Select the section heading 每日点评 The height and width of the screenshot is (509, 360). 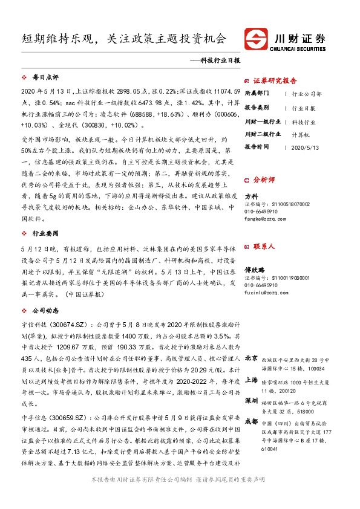45,78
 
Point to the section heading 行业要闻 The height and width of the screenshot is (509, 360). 45,232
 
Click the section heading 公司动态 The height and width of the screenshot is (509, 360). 45,310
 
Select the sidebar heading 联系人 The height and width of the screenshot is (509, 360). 264,247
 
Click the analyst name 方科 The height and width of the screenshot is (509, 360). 251,196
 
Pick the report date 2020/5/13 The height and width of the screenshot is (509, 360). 304,146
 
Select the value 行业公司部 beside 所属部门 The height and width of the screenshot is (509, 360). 307,94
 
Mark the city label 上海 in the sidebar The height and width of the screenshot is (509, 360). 252,380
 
